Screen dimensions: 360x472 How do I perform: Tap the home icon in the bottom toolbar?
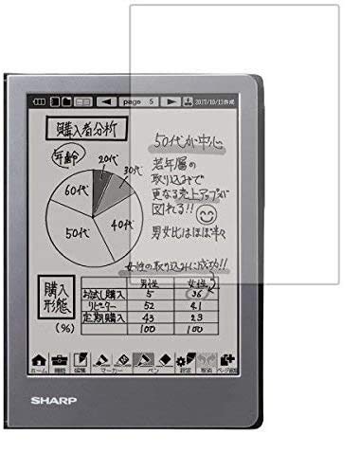(x=40, y=390)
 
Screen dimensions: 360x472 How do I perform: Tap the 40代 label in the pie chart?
(x=121, y=225)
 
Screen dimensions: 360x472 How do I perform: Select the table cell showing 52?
(x=147, y=307)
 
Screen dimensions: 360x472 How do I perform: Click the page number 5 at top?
(x=150, y=100)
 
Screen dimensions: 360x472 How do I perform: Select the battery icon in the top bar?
(x=40, y=100)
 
